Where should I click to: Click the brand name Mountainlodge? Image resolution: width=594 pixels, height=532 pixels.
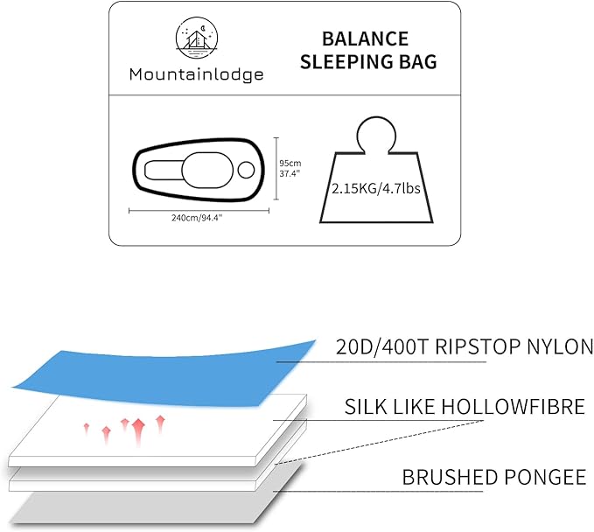pyautogui.click(x=196, y=75)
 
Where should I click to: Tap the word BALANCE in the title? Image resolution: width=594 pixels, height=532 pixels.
pyautogui.click(x=365, y=39)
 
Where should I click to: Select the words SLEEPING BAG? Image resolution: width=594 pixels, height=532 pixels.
pyautogui.click(x=366, y=62)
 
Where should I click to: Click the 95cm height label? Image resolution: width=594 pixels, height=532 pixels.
pyautogui.click(x=290, y=163)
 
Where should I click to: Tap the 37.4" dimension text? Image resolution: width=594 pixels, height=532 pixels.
pyautogui.click(x=290, y=173)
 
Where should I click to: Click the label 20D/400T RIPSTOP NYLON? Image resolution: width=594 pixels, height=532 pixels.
pyautogui.click(x=465, y=346)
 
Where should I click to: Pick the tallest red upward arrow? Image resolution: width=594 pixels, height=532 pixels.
pyautogui.click(x=139, y=428)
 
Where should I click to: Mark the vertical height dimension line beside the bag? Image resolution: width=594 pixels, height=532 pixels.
pyautogui.click(x=276, y=168)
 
